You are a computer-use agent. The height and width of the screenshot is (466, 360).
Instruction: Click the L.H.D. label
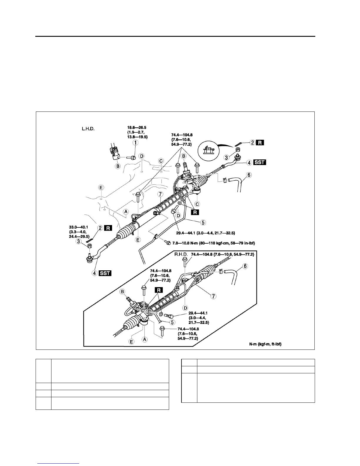88,129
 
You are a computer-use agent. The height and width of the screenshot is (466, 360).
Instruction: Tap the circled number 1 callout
136,143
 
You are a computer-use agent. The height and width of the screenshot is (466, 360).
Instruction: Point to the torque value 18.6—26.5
136,128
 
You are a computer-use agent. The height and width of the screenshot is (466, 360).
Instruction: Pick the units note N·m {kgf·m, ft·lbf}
265,344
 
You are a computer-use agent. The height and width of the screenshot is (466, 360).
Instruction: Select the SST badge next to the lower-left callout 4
105,273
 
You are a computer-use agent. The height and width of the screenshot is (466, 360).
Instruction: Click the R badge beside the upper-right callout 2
261,143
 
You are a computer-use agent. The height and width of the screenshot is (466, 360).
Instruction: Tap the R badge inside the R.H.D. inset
159,290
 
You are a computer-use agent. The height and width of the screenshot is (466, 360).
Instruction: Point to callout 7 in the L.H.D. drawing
160,194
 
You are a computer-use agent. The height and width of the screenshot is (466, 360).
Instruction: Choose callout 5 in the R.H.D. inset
173,322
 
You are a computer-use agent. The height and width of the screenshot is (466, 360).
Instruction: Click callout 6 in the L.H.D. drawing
249,175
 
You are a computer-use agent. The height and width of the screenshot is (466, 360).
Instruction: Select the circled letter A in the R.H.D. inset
145,339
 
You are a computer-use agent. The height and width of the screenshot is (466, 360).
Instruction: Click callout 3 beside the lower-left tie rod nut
79,241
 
